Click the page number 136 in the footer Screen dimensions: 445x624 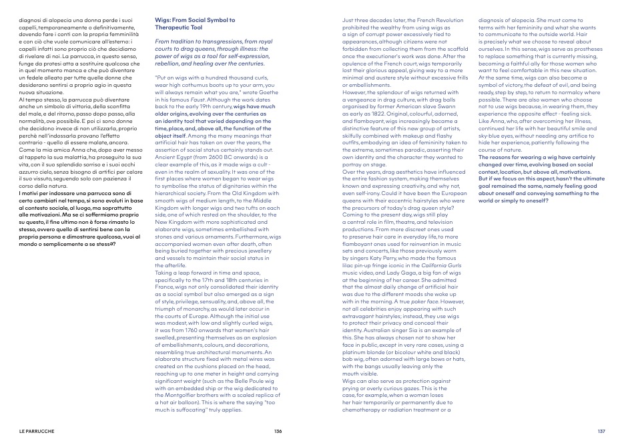click(x=278, y=431)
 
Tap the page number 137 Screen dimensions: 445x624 click(x=601, y=431)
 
